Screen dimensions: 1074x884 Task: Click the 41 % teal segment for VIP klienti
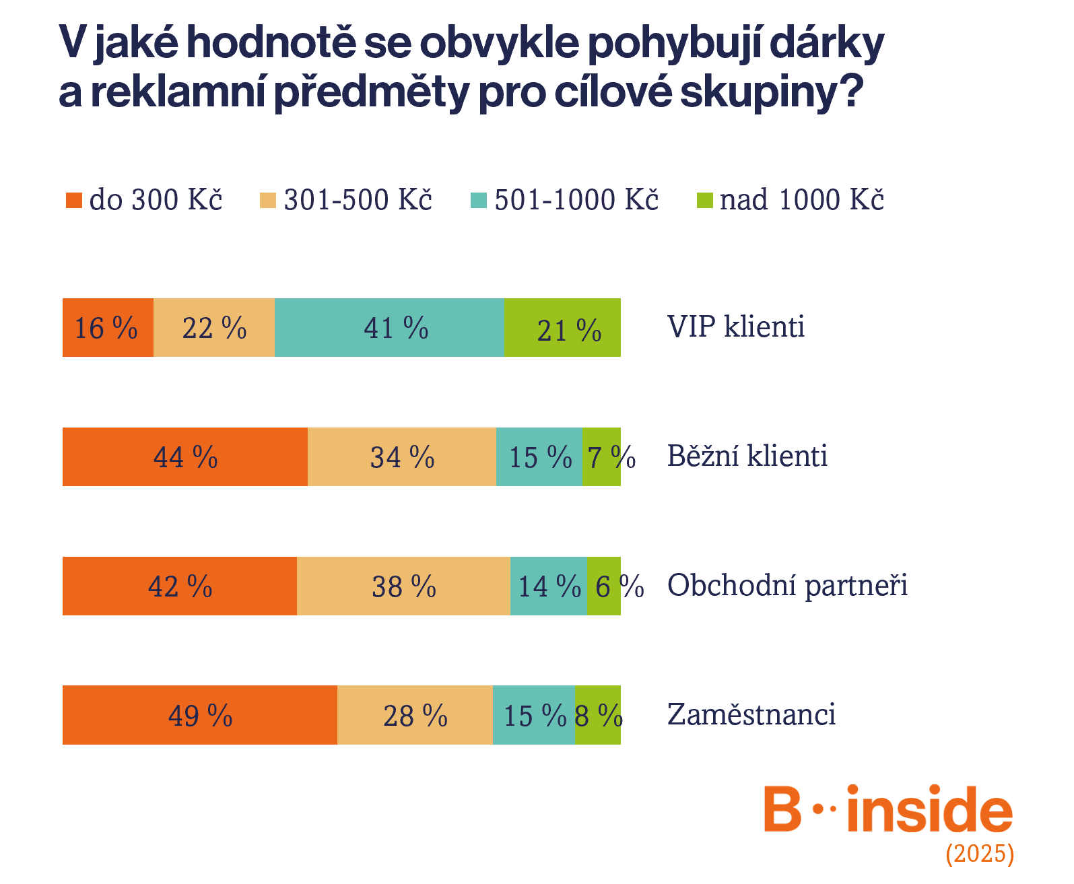pyautogui.click(x=389, y=327)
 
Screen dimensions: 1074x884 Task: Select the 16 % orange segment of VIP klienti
pyautogui.click(x=108, y=327)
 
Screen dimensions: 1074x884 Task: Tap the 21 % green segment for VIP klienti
pyautogui.click(x=562, y=327)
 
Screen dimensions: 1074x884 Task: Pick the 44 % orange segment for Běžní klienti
pyautogui.click(x=185, y=456)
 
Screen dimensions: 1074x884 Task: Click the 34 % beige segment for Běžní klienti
pyautogui.click(x=402, y=456)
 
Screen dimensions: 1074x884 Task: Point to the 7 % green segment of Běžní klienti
pyautogui.click(x=601, y=456)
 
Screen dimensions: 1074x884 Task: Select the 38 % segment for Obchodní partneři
pyautogui.click(x=403, y=586)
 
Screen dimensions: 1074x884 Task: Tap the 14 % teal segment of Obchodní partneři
pyautogui.click(x=549, y=586)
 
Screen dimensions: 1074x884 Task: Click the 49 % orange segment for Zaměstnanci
pyautogui.click(x=199, y=715)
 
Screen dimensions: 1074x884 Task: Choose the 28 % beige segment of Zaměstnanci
pyautogui.click(x=415, y=715)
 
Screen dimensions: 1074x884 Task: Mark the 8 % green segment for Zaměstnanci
pyautogui.click(x=598, y=715)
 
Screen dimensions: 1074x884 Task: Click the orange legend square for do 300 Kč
pyautogui.click(x=74, y=200)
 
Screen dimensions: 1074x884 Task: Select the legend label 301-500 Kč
pyautogui.click(x=358, y=199)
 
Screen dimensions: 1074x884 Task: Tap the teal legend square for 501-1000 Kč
pyautogui.click(x=479, y=200)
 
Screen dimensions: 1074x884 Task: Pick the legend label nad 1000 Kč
pyautogui.click(x=801, y=199)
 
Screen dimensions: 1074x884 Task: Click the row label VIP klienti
pyautogui.click(x=736, y=327)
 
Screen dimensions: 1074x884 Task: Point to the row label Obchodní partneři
pyautogui.click(x=787, y=585)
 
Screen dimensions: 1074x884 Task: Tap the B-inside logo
pyautogui.click(x=888, y=808)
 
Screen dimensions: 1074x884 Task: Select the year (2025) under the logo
pyautogui.click(x=980, y=854)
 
